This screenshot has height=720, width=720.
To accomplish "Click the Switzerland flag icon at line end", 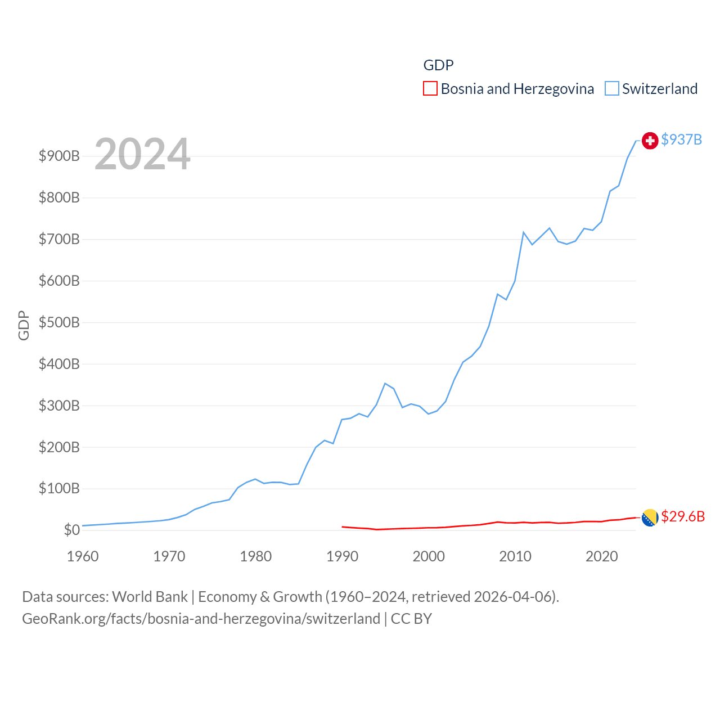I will tap(650, 141).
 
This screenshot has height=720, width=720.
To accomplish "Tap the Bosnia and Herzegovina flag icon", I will tap(650, 517).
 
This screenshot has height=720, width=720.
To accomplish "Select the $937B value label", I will tap(681, 139).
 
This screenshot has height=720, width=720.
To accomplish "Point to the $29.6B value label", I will tap(682, 516).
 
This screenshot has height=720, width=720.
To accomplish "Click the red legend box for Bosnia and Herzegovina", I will tap(430, 89).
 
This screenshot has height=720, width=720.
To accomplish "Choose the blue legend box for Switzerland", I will tap(611, 89).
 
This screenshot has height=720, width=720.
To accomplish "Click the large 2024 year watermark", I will tap(142, 154).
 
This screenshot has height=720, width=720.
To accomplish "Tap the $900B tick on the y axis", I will tap(59, 156).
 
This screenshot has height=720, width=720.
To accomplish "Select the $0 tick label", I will tap(71, 530).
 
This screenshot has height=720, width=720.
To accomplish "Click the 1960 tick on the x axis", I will tap(83, 556).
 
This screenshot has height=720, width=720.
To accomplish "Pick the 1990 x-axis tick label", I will tap(342, 556).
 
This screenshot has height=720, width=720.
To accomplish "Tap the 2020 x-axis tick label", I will tap(601, 556).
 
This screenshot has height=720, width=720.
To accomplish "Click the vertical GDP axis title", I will tap(24, 325).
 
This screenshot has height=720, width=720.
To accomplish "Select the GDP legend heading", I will tap(438, 65).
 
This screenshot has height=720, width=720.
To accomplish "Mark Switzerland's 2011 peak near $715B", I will tap(524, 232).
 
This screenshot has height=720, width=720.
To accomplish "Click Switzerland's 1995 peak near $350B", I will tap(385, 384).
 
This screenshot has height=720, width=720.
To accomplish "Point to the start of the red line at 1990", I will tap(342, 526).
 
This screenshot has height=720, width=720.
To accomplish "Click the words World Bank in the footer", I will tap(150, 597).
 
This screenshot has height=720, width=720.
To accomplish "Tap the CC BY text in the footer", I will tap(411, 619).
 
